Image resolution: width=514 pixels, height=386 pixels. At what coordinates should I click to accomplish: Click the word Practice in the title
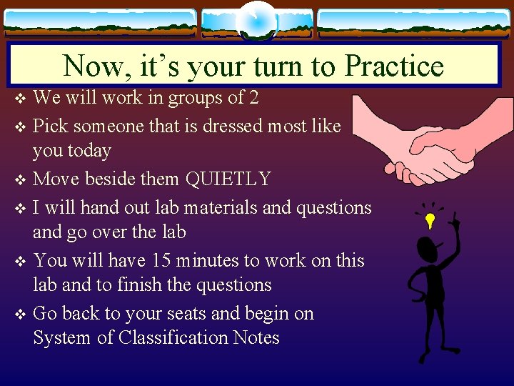click(394, 66)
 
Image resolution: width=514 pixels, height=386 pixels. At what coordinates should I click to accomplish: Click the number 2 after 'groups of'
click(253, 96)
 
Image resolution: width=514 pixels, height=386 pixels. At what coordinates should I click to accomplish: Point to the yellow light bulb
click(430, 220)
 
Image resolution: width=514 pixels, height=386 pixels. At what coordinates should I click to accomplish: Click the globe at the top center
click(256, 21)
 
